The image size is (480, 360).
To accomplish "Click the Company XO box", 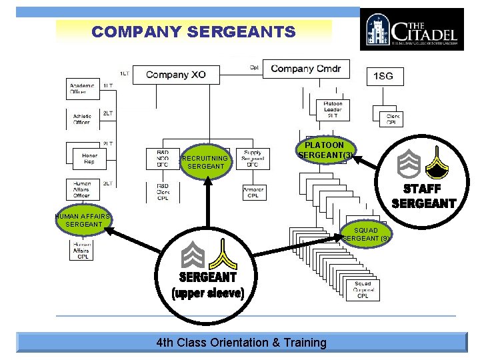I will click(x=176, y=75).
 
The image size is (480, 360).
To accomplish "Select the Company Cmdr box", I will click(x=305, y=69).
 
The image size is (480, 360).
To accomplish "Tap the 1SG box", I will click(x=385, y=76).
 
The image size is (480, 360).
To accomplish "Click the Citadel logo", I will click(x=411, y=29).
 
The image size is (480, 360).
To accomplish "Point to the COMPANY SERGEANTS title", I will click(x=193, y=31).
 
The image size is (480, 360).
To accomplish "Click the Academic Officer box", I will click(x=83, y=89).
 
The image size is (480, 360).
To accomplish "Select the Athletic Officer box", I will click(x=83, y=119).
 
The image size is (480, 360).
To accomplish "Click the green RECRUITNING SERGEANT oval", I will click(x=207, y=162).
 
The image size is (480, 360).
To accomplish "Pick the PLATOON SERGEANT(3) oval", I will click(x=325, y=150).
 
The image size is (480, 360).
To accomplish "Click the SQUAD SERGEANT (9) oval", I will click(x=367, y=235).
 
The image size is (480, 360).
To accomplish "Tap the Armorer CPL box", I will click(x=253, y=192).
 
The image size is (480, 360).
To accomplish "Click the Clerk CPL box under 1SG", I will click(x=393, y=119).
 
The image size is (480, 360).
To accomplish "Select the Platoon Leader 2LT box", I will click(x=333, y=109).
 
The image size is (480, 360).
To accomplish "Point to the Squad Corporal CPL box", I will click(x=363, y=289).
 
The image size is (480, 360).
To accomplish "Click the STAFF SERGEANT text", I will click(x=423, y=197).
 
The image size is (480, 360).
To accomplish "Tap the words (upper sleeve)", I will click(x=208, y=293).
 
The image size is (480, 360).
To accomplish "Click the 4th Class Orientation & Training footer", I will click(x=241, y=343).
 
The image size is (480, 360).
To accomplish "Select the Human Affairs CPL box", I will click(x=83, y=250).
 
